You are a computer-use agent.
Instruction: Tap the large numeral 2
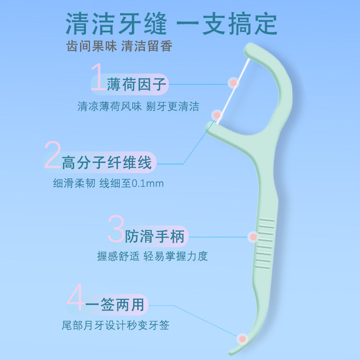click(53, 155)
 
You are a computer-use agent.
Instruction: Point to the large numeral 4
click(76, 298)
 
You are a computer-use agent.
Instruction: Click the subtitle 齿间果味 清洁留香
click(119, 46)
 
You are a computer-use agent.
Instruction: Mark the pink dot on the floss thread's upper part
click(233, 82)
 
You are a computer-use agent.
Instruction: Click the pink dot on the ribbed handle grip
click(253, 236)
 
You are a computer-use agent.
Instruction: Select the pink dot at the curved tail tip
click(242, 338)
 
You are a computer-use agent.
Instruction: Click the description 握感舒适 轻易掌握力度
click(153, 256)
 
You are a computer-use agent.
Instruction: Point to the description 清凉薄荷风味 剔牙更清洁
click(138, 107)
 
